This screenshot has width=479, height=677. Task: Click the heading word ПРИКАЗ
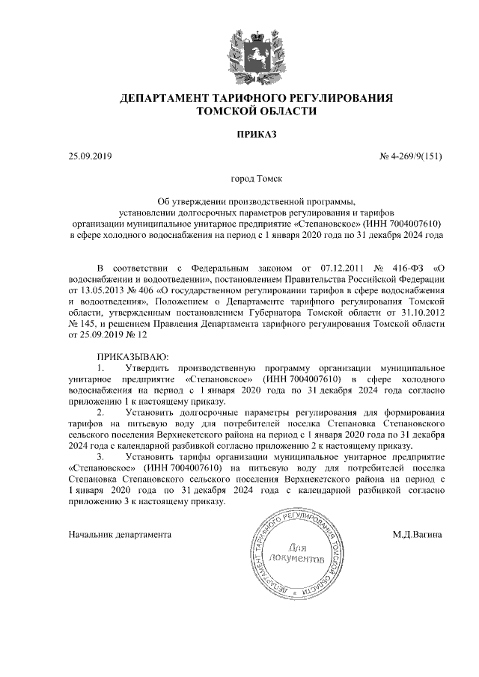click(x=257, y=135)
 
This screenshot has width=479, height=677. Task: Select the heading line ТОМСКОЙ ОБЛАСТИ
click(x=257, y=111)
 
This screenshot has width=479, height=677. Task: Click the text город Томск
click(x=257, y=180)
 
